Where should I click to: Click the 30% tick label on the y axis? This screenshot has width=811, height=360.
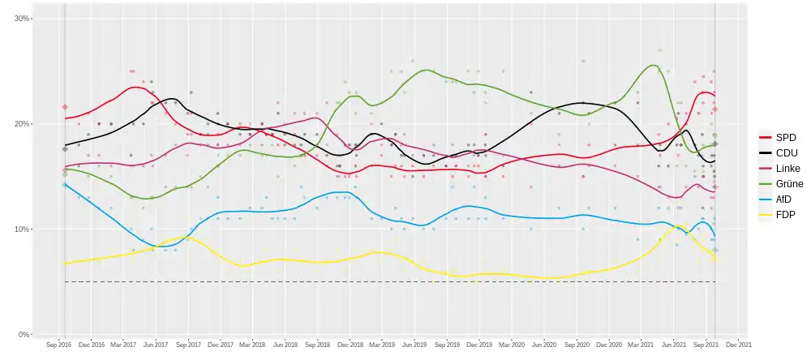(x=22, y=19)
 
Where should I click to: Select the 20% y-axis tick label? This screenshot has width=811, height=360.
(x=22, y=124)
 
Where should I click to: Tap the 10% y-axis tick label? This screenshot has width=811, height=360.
(x=22, y=229)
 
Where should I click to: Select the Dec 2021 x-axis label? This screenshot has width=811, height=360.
(x=738, y=345)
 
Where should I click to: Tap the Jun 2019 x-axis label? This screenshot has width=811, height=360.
(x=414, y=345)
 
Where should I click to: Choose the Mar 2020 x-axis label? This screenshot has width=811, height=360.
(x=511, y=345)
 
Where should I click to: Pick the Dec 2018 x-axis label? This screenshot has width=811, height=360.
(x=350, y=345)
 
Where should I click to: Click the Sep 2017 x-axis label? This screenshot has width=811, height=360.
(x=188, y=345)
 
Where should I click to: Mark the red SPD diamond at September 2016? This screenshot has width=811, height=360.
(x=65, y=107)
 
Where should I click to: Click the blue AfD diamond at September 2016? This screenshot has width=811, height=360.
(x=65, y=185)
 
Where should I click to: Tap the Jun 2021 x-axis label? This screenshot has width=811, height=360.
(x=673, y=345)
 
